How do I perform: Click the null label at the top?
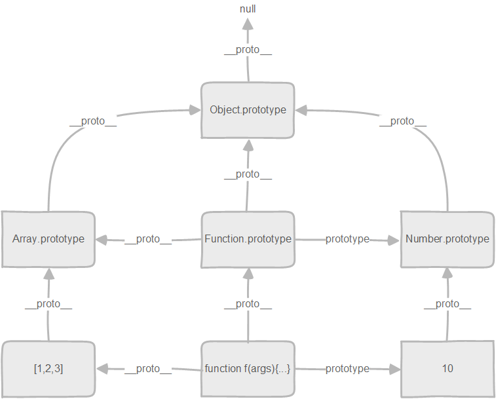[248, 9]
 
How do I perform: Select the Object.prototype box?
[248, 110]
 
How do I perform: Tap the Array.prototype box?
[48, 239]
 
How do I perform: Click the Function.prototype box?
[248, 239]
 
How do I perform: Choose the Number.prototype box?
[447, 239]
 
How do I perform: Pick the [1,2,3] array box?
[48, 369]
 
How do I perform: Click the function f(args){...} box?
[248, 369]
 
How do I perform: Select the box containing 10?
[447, 369]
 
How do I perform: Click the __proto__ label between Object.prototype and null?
[248, 50]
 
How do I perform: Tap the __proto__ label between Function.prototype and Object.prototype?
[248, 174]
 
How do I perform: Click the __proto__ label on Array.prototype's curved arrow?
[92, 121]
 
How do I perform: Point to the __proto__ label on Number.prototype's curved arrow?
[402, 121]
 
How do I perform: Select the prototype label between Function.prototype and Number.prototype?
[347, 239]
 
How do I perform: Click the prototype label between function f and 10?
[347, 369]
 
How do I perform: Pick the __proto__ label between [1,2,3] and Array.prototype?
[48, 304]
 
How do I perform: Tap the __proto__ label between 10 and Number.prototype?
[447, 304]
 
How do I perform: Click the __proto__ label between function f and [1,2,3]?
[147, 369]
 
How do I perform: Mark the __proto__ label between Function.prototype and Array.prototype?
[147, 239]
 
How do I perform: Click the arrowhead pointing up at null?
[248, 24]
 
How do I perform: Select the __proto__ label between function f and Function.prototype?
[248, 304]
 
